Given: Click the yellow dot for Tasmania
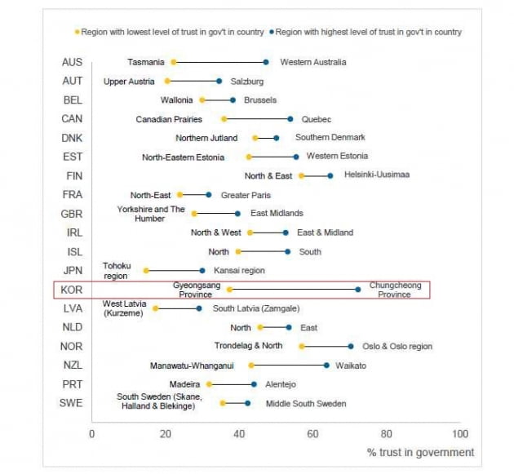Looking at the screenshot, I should pos(174,62).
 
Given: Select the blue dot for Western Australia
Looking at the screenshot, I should pos(266,62).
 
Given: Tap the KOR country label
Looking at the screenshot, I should pos(72,290).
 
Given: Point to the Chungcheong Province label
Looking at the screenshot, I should pos(395,290).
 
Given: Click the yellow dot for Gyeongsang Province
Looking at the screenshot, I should pos(229,290).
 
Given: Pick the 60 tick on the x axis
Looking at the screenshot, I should pos(312,434).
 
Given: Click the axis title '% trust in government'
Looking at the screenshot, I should pos(420,452).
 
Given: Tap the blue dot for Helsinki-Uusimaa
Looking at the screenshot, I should pos(330,175).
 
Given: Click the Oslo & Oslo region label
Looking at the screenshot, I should pos(397,347).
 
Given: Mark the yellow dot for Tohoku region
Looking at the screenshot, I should pos(147,270).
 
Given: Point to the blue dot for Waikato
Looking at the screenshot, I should pos(326,365).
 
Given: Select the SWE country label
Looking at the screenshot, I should pos(72,403).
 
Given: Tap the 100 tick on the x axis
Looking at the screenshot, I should pos(460,434).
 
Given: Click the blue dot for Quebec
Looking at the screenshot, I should pos(290,119).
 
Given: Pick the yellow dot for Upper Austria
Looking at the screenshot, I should pos(167,81).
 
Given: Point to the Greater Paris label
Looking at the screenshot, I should pos(245,195).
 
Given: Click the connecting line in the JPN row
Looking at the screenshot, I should pos(175,270).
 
